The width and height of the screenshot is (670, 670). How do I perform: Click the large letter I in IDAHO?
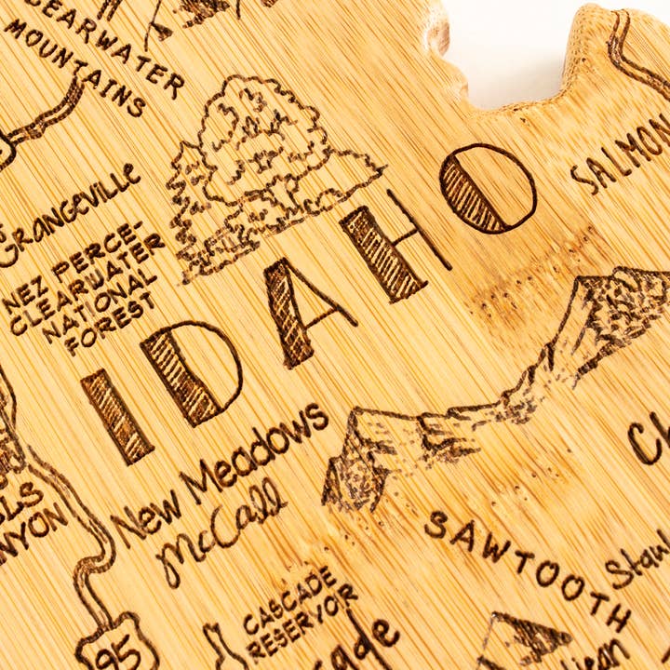point(116,415)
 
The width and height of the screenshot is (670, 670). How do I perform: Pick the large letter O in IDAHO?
point(488,188)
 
